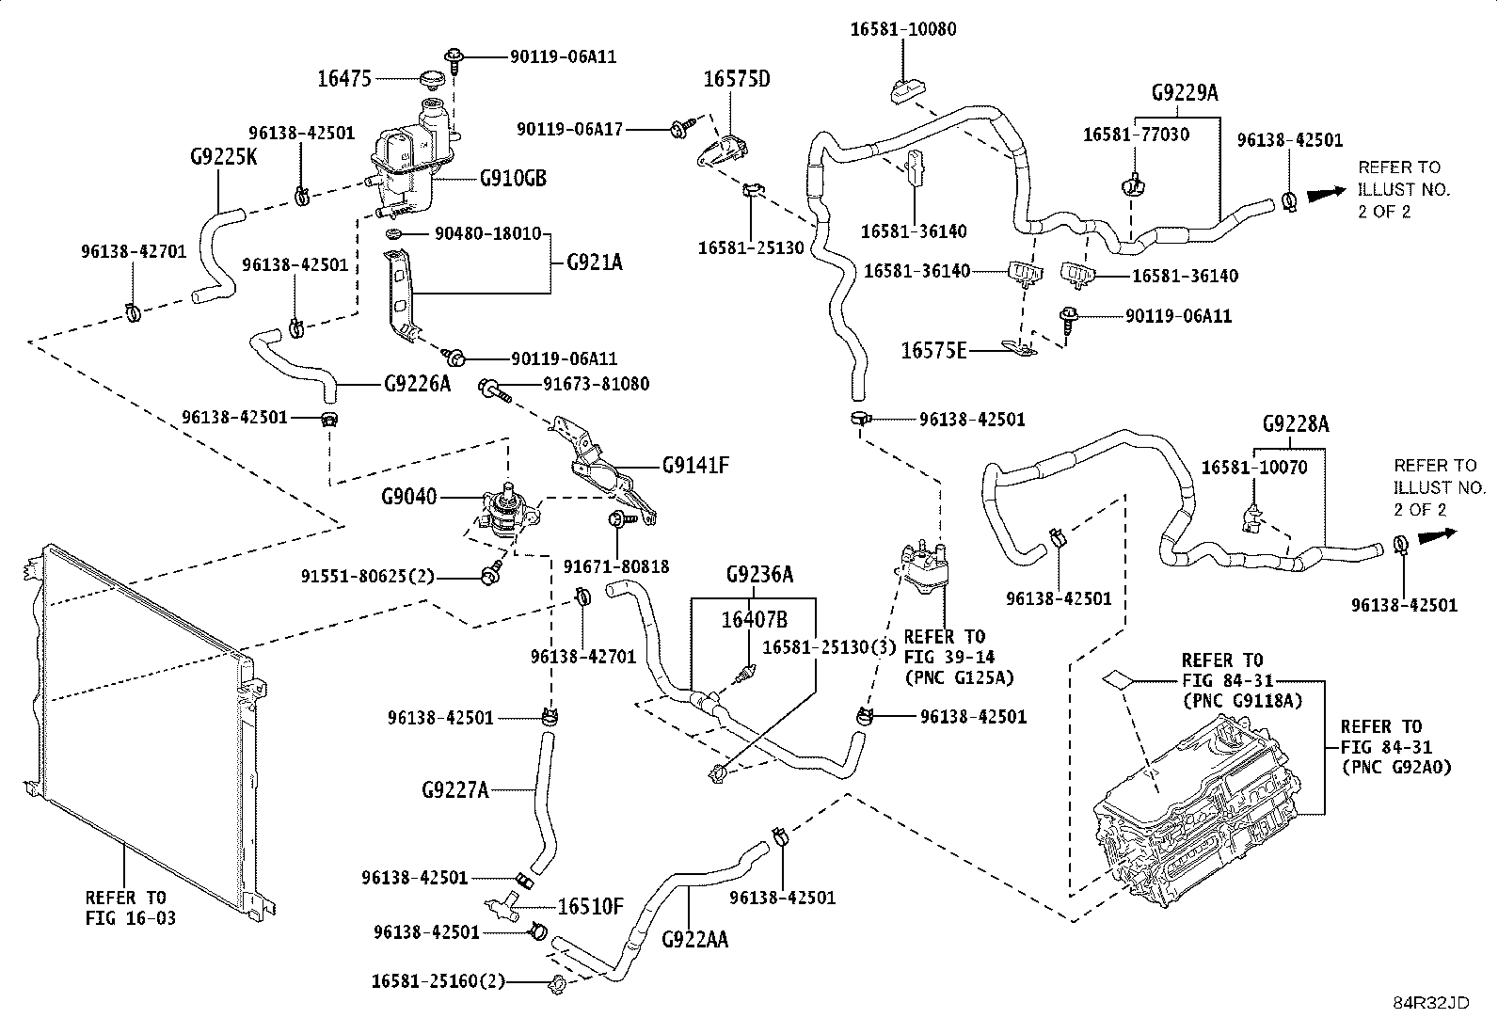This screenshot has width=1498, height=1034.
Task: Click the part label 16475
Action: [344, 79]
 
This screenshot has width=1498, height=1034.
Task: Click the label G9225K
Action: [223, 156]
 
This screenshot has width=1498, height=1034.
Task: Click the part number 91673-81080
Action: [596, 384]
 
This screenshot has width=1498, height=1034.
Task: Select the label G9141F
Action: [695, 465]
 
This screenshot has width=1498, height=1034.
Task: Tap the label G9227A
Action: [455, 790]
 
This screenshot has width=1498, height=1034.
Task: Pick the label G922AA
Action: [694, 940]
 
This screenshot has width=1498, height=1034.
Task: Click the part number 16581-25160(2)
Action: [438, 981]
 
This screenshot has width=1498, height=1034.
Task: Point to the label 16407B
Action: [755, 620]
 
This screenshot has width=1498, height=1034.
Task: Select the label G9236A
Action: [759, 574]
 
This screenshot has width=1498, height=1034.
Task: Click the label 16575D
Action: [737, 79]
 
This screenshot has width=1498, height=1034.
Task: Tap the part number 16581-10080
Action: [903, 29]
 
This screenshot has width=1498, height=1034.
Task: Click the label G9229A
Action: [1185, 92]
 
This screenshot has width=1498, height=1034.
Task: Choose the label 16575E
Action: [934, 350]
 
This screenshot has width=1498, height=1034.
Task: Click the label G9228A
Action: [1296, 423]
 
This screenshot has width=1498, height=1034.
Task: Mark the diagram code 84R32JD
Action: [1431, 1003]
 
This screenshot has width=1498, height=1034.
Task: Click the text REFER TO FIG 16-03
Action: [131, 908]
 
